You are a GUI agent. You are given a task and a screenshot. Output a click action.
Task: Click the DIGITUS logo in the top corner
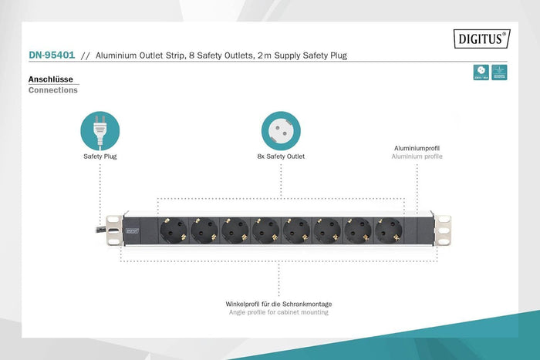pos(481,36)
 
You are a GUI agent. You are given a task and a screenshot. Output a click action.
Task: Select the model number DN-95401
pos(52,56)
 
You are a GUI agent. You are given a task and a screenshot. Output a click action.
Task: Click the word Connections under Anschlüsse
pos(52,90)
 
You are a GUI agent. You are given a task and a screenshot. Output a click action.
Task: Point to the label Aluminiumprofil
pos(417,147)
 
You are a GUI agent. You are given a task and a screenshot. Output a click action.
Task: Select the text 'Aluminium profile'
pos(417,156)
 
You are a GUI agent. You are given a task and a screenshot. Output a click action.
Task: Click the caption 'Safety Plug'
pos(100,156)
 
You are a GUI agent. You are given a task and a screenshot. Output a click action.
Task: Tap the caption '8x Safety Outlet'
pos(281,156)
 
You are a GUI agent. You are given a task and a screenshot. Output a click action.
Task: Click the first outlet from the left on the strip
pos(173,230)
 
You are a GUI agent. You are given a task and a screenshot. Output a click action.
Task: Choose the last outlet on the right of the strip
pos(389,230)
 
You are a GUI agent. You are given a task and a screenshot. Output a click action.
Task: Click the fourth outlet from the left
pos(265,230)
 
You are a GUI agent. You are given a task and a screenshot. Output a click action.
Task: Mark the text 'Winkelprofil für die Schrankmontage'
pos(278,304)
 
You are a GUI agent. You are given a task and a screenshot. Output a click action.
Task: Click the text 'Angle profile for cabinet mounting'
pos(278,312)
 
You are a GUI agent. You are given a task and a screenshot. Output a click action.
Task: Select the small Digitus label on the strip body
pos(133,229)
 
